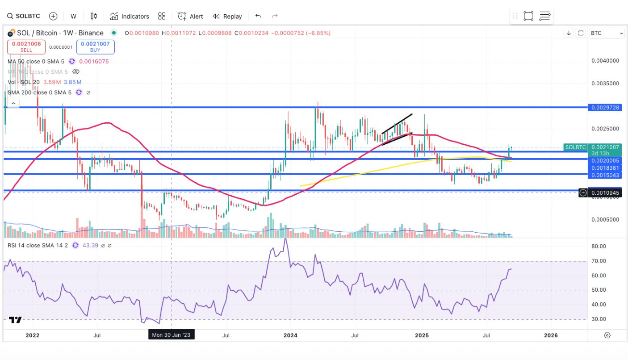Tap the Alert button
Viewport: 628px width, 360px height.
coord(190,16)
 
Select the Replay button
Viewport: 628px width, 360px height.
coord(227,16)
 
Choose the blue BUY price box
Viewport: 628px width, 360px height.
coord(95,47)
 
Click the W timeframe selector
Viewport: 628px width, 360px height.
coord(73,16)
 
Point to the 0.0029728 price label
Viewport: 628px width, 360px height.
coord(606,108)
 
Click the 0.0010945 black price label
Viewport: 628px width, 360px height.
coord(606,193)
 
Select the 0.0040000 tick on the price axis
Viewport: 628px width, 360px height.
coord(605,61)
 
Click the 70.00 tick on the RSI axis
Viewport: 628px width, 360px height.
coord(599,261)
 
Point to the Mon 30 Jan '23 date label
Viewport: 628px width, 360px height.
coord(172,335)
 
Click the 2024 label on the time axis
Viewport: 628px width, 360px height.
coord(290,335)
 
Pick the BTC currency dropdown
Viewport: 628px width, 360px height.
coord(607,33)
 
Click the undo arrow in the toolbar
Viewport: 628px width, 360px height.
coord(258,16)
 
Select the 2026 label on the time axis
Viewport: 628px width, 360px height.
coord(551,335)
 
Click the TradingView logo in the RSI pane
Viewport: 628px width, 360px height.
coord(15,320)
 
